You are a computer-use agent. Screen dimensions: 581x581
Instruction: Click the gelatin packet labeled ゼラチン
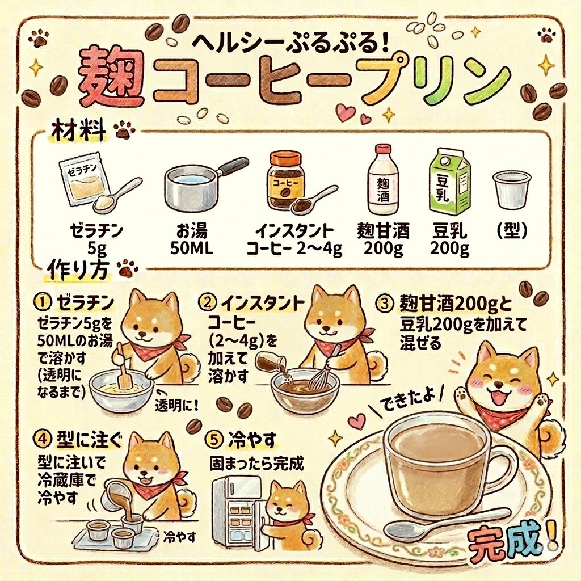(84, 180)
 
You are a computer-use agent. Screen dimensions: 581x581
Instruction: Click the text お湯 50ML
(192, 239)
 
